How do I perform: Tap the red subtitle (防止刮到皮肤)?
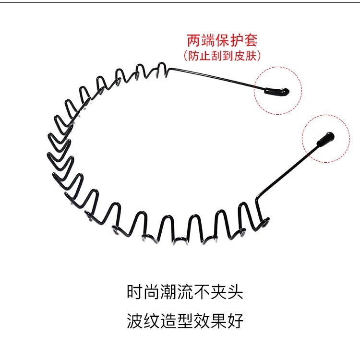point(222,56)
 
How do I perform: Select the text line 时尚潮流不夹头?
point(185,292)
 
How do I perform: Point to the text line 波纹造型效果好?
point(185,321)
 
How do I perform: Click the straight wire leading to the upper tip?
point(216,77)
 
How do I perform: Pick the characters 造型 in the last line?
point(185,321)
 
